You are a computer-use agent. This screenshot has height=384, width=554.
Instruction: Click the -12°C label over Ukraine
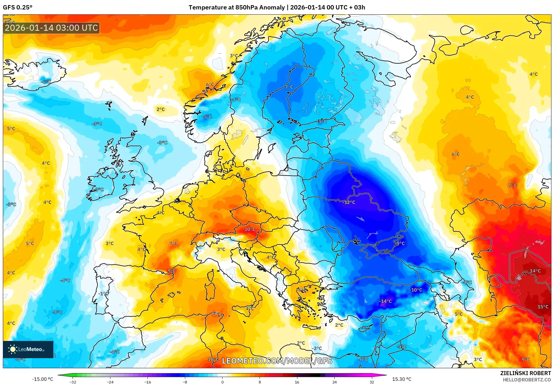tap(349, 202)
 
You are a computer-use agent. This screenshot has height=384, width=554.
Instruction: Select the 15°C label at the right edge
tap(543, 307)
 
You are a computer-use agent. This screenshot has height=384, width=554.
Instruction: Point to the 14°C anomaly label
tap(535, 271)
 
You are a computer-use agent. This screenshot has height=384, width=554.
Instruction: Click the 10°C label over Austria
tap(250, 229)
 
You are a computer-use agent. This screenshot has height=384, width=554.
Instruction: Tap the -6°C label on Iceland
tap(46, 82)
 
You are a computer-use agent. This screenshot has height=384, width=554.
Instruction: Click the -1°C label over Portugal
tap(103, 294)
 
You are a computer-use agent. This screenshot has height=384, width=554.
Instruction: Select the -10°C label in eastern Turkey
tap(415, 290)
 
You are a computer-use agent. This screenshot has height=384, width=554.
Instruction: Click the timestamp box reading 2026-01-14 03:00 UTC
tap(51, 28)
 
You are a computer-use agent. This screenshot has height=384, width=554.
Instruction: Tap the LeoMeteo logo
tap(28, 349)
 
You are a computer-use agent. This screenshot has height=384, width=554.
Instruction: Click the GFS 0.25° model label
tap(17, 7)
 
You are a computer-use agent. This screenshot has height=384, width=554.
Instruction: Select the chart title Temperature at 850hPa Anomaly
tap(237, 7)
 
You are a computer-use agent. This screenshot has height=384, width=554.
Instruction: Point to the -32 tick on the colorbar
tap(73, 382)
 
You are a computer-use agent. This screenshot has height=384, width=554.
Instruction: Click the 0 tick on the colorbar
tap(222, 382)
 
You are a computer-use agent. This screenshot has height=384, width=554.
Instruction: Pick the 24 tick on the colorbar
tap(334, 382)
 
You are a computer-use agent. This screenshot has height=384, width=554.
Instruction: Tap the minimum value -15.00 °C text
tap(42, 379)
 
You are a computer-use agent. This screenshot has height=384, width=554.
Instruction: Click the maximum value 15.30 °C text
tap(401, 379)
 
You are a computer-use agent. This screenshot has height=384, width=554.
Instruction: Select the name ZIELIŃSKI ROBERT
tap(525, 373)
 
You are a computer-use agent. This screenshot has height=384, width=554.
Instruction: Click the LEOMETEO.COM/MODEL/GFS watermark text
tap(277, 361)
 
